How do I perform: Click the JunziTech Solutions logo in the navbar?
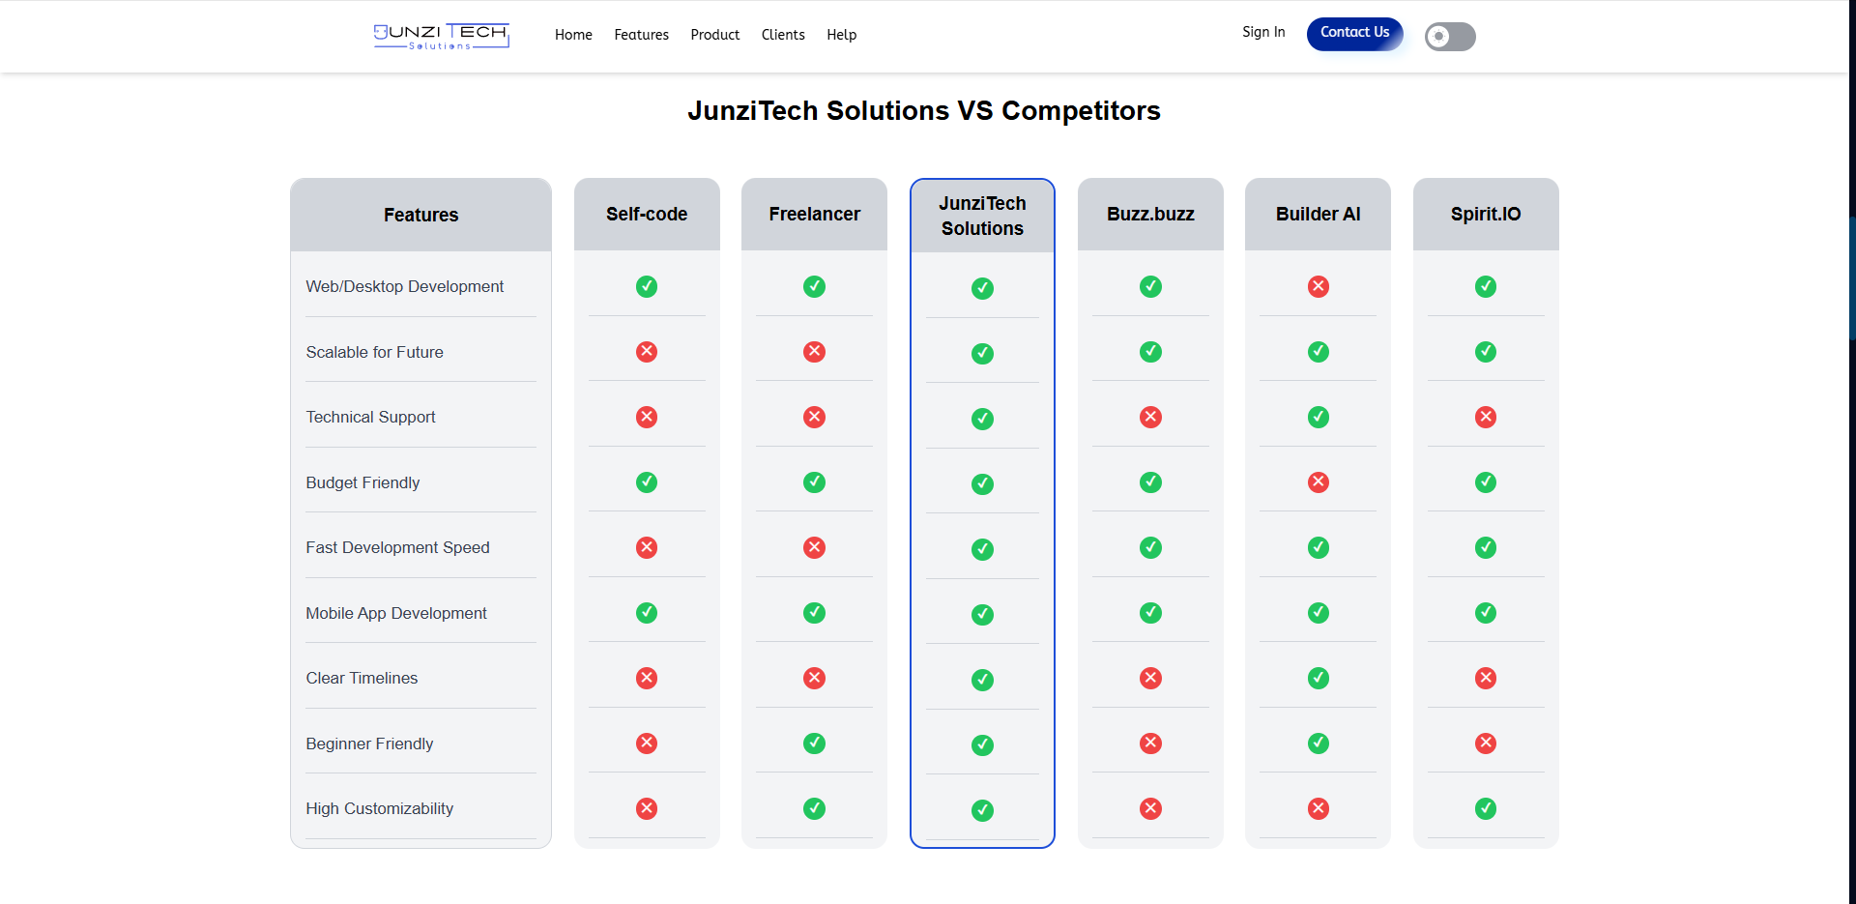click(441, 36)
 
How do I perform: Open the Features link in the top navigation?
click(641, 35)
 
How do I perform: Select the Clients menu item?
click(782, 35)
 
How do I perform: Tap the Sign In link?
click(1262, 32)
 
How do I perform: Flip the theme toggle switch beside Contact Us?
click(1449, 37)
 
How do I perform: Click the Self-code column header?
click(647, 214)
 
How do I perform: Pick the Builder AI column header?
click(1318, 214)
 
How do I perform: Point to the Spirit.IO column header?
click(1485, 214)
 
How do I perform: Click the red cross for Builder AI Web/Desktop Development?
click(1318, 286)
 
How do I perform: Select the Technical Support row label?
click(370, 417)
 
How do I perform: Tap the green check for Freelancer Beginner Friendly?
click(814, 743)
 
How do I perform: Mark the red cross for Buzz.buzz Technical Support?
click(1150, 417)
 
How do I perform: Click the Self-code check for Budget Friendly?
click(647, 481)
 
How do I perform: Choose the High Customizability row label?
click(379, 808)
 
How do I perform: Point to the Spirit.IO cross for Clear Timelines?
click(1485, 678)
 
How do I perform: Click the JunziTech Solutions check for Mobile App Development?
click(982, 614)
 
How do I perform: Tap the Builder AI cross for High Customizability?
click(1318, 808)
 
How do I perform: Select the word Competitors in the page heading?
click(1080, 111)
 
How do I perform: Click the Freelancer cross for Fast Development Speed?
click(814, 547)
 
